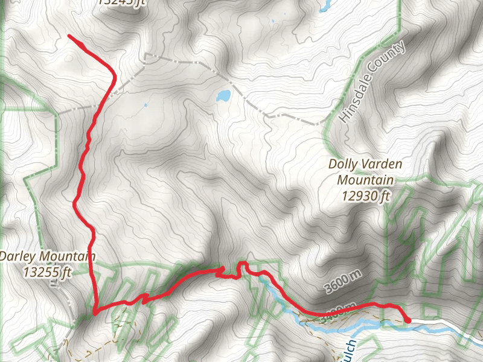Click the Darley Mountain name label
tap(48, 256)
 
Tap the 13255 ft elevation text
tap(47, 271)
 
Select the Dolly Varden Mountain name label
tap(365, 171)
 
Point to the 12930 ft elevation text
tap(365, 195)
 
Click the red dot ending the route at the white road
tap(408, 320)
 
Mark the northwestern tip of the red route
tap(69, 37)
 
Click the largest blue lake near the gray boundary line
tap(223, 96)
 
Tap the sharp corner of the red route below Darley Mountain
tap(95, 313)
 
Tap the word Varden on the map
tap(383, 164)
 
